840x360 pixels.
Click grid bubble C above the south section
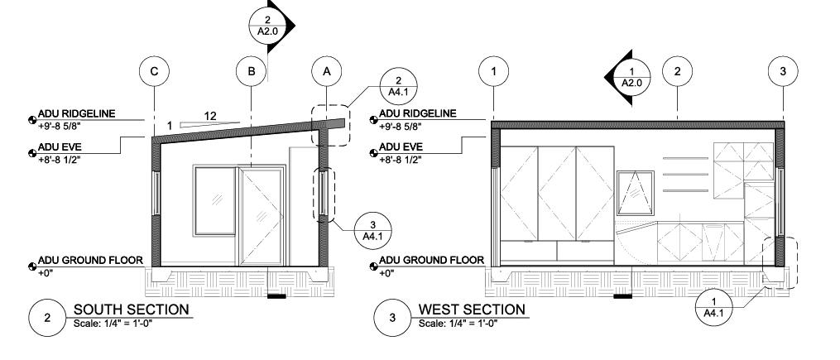[154, 72]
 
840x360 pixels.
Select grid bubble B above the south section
[251, 72]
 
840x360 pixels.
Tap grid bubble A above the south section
[327, 72]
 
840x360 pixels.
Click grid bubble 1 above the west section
[494, 72]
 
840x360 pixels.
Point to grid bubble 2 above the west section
[677, 72]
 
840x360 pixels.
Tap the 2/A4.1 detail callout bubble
[396, 85]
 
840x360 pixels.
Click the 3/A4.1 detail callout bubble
[372, 230]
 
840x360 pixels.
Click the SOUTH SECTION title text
[132, 310]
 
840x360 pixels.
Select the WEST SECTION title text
[472, 310]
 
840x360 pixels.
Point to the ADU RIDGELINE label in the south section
[77, 114]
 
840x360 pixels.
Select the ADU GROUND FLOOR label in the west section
[431, 261]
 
